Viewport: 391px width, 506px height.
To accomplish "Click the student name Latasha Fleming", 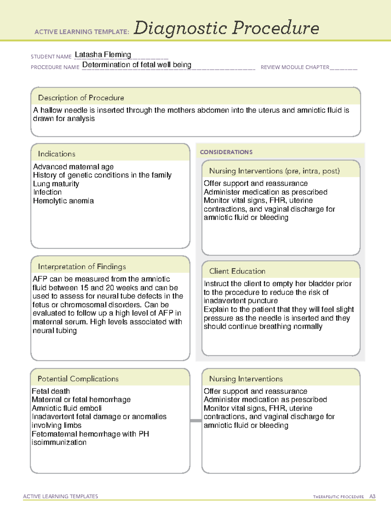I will coord(103,55).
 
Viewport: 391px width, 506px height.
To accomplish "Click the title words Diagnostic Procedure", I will coord(226,28).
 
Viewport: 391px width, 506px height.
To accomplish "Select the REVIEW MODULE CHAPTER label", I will coord(295,67).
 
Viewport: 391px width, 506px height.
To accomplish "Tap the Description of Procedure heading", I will coord(81,98).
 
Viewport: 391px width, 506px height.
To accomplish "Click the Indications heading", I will coord(56,154).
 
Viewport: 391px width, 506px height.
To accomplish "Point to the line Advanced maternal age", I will coord(73,167).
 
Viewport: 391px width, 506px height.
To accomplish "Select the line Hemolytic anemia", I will coord(63,201).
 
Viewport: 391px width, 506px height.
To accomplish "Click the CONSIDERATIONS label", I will coord(226,152).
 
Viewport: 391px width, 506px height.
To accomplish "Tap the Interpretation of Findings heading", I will coord(82,267).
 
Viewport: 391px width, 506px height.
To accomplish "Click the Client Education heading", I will coord(237,271).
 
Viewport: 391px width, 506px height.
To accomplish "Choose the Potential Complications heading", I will coord(78,379).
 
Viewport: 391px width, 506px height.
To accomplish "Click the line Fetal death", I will coord(51,391).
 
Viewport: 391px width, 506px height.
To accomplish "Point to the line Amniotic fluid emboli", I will coord(67,408).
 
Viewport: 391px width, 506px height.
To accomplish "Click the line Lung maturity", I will coord(56,184).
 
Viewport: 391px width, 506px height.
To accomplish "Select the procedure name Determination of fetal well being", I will coord(137,65).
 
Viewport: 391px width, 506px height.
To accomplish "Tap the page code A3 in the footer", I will coord(372,497).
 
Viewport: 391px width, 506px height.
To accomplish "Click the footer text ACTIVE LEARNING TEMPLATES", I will coord(61,496).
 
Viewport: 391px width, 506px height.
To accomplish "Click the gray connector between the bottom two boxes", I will coord(196,421).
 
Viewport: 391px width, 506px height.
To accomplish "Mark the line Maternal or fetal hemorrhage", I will coord(81,399).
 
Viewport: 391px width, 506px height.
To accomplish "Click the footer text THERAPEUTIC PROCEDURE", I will coord(338,497).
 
